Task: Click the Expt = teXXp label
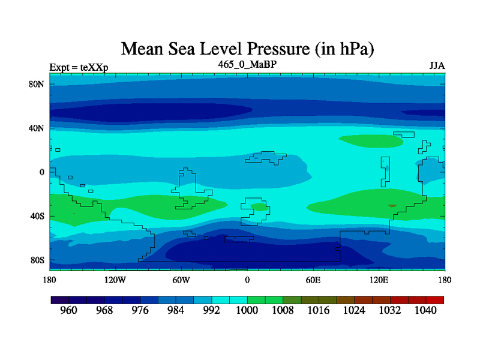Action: click(79, 67)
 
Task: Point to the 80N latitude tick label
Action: click(38, 84)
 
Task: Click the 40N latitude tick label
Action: click(38, 128)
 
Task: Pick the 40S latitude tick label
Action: click(38, 216)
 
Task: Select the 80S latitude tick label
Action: click(38, 260)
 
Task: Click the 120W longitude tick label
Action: click(115, 280)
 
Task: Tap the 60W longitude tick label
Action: click(181, 280)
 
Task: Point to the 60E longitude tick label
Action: click(313, 280)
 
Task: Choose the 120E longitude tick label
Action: click(379, 280)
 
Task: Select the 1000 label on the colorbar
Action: click(247, 311)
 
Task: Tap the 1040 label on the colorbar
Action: click(425, 311)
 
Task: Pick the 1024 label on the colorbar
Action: click(354, 311)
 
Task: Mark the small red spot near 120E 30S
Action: click(392, 206)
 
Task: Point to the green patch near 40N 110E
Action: click(371, 140)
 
